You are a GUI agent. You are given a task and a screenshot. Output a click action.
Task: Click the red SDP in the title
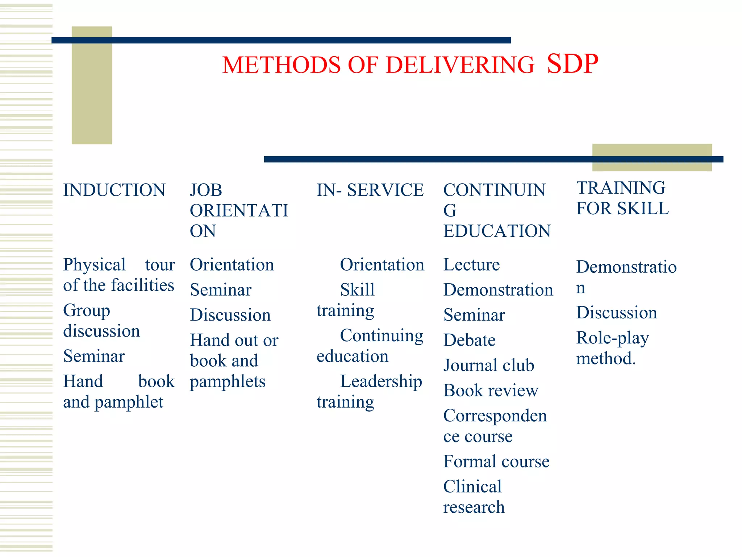point(572,64)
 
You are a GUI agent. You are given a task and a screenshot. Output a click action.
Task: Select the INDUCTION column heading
point(114,190)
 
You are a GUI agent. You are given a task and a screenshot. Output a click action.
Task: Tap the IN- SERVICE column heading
point(370,190)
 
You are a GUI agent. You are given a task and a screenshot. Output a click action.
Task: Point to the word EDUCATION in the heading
point(497,231)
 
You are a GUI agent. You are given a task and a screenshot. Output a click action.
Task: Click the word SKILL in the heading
point(643,209)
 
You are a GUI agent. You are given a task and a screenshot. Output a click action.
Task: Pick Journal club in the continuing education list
point(489,365)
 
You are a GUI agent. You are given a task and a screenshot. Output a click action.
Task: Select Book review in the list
point(491,391)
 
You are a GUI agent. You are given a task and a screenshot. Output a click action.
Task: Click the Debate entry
point(469,340)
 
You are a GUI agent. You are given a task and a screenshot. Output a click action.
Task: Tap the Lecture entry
point(471,265)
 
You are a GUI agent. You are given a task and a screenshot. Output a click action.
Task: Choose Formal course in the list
point(496,462)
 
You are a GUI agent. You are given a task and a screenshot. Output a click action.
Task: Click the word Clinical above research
point(472,487)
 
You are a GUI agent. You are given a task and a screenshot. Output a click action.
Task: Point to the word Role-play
point(612,338)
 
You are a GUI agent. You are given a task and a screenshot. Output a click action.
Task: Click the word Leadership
point(381,381)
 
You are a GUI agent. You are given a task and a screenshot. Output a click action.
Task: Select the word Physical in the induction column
point(94,265)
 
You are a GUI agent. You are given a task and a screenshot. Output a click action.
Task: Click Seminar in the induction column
point(94,356)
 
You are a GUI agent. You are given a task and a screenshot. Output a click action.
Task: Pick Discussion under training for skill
point(616,313)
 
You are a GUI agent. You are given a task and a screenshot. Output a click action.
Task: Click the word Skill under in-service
point(357,290)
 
